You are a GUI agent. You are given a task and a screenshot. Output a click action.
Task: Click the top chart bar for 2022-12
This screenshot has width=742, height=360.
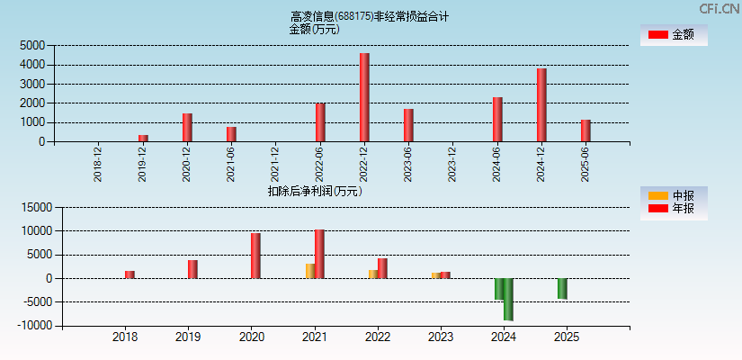[364, 97]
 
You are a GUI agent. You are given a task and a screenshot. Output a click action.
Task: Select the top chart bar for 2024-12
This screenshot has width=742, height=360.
[541, 104]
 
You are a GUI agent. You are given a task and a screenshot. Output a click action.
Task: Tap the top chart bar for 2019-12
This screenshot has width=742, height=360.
[143, 138]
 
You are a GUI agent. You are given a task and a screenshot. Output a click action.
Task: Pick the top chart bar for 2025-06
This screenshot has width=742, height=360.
[586, 130]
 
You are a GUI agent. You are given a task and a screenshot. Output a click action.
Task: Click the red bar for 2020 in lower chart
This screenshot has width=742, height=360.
[255, 256]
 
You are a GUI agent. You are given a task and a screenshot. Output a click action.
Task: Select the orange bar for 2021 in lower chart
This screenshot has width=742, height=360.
[310, 271]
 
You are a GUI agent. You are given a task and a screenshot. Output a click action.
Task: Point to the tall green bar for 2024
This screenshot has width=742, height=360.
[508, 299]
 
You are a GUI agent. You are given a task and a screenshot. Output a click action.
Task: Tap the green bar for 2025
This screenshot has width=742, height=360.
[562, 288]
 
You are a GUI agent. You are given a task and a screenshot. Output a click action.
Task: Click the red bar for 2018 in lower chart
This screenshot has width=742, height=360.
[130, 274]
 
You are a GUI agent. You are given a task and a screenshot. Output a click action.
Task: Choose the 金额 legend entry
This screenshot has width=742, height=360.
[673, 34]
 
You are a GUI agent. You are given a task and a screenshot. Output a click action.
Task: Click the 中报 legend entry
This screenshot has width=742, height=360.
[673, 195]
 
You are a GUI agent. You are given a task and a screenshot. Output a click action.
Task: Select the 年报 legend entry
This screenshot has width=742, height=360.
[673, 209]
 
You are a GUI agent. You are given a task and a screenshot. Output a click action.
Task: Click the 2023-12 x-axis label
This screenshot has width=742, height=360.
[453, 164]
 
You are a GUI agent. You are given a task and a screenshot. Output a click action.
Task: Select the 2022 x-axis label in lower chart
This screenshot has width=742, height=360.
[378, 337]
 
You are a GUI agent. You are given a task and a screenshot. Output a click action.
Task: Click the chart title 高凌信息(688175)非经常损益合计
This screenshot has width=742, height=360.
[370, 16]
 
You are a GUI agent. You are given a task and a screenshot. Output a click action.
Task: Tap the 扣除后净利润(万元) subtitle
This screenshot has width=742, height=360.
[315, 191]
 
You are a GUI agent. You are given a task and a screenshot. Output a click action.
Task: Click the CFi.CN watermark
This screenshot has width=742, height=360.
[719, 8]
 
